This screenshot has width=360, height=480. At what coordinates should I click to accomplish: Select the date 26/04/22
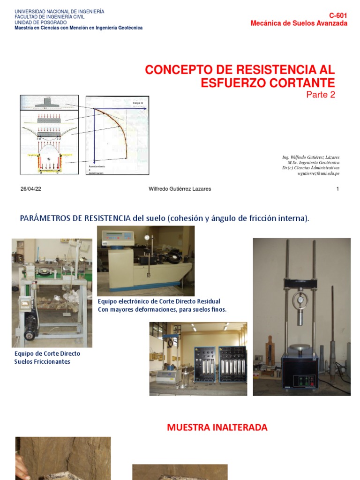(x=31, y=189)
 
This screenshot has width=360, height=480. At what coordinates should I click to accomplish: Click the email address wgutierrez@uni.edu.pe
(x=318, y=173)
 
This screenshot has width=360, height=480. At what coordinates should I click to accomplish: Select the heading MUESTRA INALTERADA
(x=217, y=427)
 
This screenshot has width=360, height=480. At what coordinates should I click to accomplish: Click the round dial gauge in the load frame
(x=299, y=300)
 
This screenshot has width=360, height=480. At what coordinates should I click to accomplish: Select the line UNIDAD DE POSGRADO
(x=41, y=22)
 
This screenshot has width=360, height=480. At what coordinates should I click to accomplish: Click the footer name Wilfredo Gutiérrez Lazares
(x=180, y=189)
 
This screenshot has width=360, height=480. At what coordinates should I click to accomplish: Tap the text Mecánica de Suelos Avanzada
(x=299, y=23)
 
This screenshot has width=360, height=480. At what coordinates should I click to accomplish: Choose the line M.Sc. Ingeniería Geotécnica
(x=314, y=162)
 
